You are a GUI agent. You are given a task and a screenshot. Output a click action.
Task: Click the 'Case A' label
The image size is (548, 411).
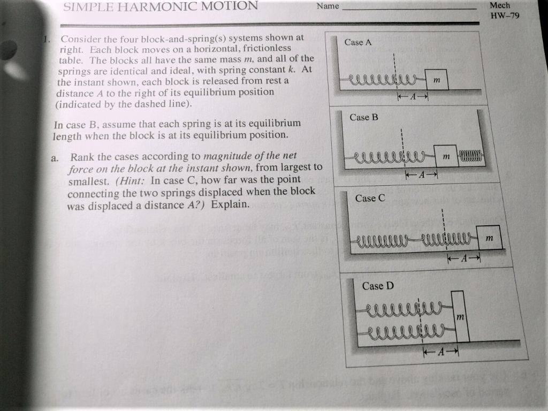[x=357, y=42]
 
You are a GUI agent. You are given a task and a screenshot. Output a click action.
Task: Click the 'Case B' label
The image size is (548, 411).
[x=363, y=117]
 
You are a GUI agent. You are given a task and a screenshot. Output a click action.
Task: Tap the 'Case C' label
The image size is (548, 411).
[x=370, y=198]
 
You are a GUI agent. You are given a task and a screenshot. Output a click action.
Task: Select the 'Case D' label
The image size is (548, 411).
[x=377, y=286]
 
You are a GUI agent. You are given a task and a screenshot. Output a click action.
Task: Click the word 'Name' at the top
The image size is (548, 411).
[x=328, y=6]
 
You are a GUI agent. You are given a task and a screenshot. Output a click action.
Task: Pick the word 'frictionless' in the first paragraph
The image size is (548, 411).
[x=259, y=48]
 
